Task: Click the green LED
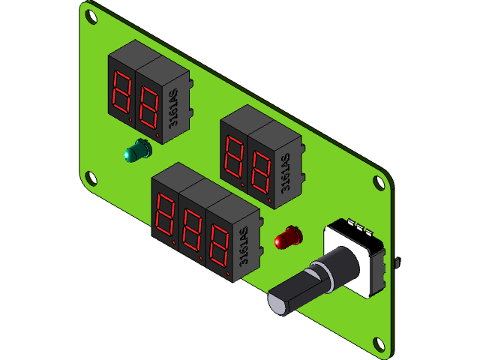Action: pos(137,151)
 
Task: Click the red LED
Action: pos(287,239)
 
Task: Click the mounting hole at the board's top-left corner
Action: pos(91,14)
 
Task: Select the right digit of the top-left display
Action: pos(148,108)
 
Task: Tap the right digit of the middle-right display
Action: pos(261,172)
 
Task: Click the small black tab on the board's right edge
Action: pos(397,261)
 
